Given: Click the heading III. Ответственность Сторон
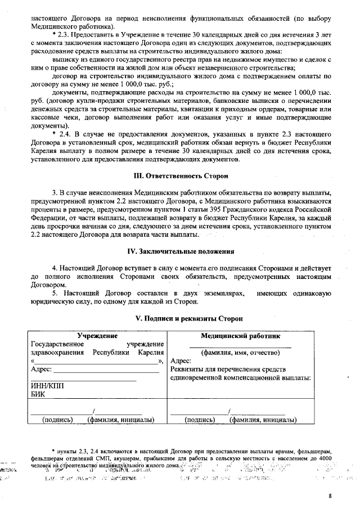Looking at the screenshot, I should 179,176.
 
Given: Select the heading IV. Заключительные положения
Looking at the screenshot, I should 179,251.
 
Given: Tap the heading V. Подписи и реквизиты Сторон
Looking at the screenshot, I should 179,318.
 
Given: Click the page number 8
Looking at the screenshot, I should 331,496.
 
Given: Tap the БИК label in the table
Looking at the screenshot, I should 37,395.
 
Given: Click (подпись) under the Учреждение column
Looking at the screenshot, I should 57,420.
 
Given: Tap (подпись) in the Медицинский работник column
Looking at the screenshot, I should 200,420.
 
